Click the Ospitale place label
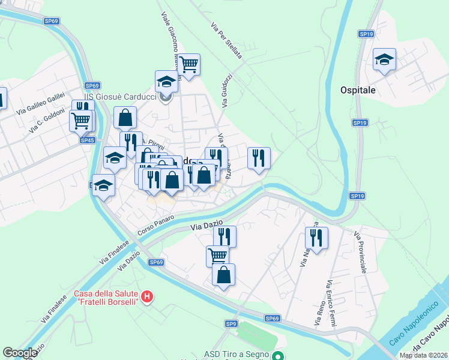[x=358, y=90]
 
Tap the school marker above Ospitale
[x=384, y=59]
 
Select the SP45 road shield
[x=88, y=140]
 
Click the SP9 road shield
[x=232, y=324]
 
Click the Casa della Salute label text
[x=106, y=297]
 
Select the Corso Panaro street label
[x=155, y=225]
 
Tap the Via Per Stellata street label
[x=226, y=41]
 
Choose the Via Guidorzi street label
[x=226, y=91]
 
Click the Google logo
[x=20, y=353]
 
